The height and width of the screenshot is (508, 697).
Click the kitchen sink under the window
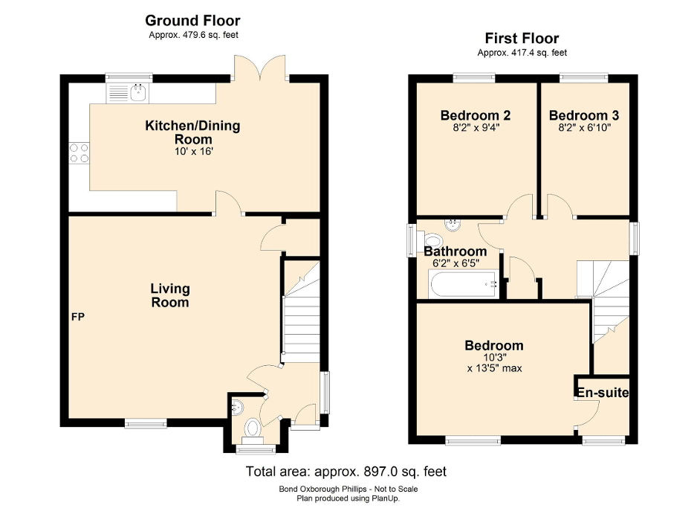pos(129,93)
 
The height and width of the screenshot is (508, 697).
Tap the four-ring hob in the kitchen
pos(79,152)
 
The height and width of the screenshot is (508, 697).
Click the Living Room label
pos(170,295)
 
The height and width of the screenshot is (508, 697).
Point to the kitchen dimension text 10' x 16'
pos(192,151)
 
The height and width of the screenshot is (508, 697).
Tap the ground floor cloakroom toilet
pos(253,429)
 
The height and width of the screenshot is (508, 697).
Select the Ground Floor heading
pos(192,21)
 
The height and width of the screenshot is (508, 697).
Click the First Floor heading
pos(522,39)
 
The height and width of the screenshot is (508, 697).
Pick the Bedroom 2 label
pos(475,116)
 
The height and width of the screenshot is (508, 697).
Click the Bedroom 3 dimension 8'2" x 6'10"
pos(584,128)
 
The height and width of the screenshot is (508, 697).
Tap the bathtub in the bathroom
pos(462,283)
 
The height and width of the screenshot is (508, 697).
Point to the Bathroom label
pos(456,251)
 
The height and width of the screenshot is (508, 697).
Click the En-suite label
pos(602,392)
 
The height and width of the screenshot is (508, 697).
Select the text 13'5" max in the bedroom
pos(494,367)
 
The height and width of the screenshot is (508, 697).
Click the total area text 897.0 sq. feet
pos(346,472)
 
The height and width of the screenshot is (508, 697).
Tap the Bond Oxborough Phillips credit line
pos(348,489)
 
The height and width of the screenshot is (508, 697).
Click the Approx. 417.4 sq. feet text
pos(522,53)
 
